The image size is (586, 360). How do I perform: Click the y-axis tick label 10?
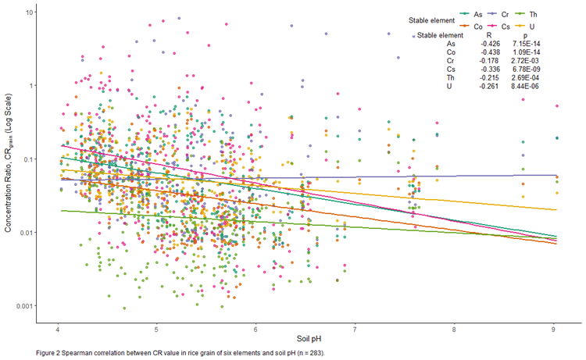(x=28, y=12)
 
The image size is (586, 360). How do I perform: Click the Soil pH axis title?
(x=306, y=340)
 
